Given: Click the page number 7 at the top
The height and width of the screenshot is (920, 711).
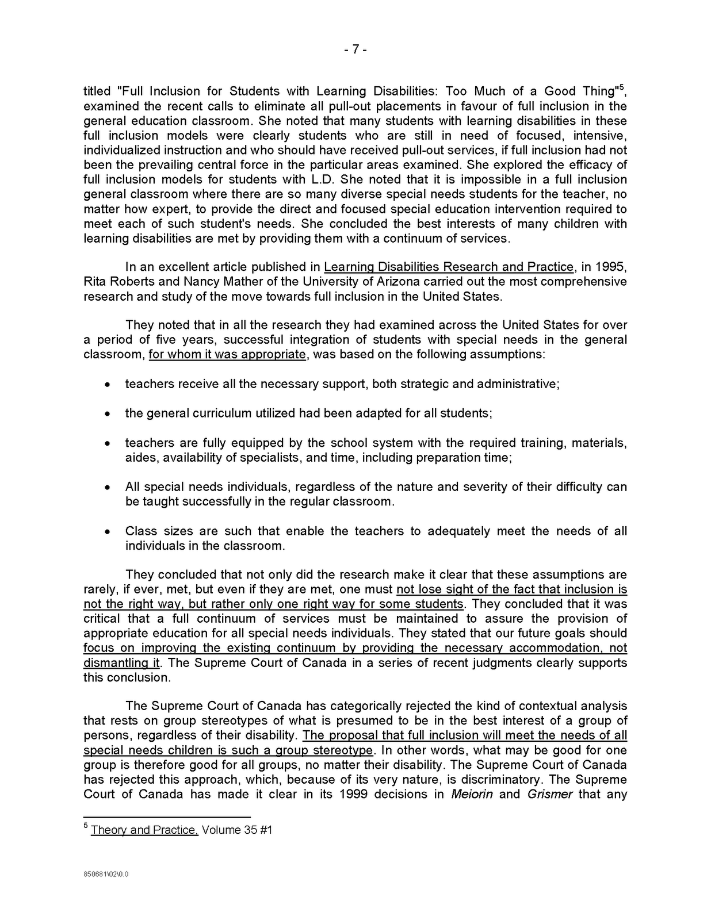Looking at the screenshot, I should tap(355, 50).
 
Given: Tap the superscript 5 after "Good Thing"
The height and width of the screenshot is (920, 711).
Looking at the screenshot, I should tap(620, 87).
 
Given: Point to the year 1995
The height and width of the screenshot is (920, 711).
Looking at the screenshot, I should tap(611, 267).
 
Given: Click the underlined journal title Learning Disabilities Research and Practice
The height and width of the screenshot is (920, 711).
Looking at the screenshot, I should tap(449, 267).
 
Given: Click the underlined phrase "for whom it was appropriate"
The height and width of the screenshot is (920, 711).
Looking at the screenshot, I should tap(227, 354).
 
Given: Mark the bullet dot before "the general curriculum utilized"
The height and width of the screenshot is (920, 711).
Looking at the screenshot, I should tap(107, 414).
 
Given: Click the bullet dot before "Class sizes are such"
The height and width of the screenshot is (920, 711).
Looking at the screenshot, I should tap(107, 532).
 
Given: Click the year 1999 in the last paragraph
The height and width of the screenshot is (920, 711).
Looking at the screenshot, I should tap(353, 795).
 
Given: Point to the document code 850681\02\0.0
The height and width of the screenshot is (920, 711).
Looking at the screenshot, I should tap(106, 875).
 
